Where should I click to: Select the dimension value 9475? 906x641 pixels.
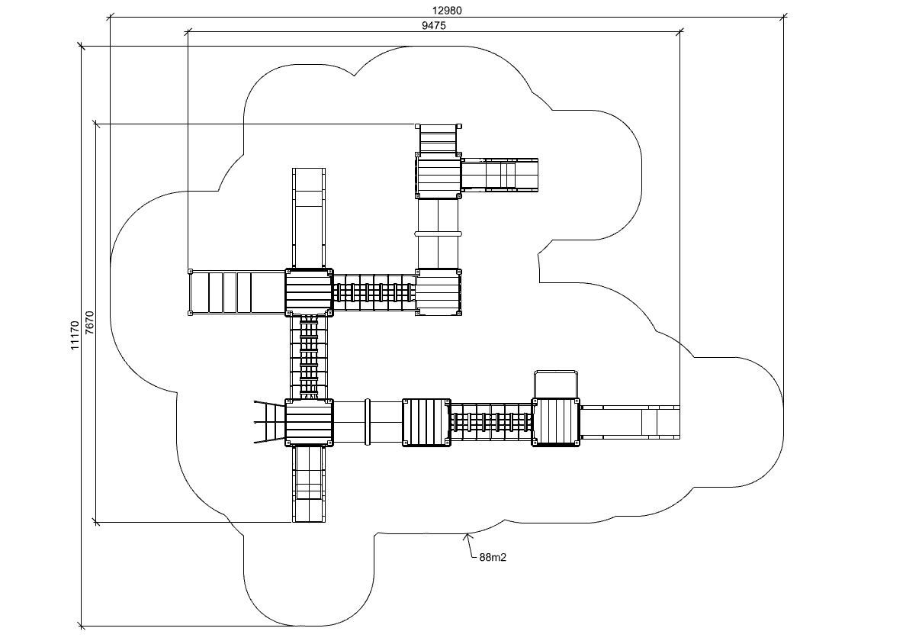coord(433,25)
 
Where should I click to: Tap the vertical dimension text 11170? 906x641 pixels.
coord(74,336)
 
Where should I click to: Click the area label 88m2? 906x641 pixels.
coord(493,557)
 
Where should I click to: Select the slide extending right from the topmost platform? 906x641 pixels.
coord(500,174)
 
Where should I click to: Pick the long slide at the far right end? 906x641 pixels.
coord(630,421)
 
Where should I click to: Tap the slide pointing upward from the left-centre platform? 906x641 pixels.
coord(309,217)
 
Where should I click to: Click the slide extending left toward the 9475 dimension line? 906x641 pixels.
coord(237,292)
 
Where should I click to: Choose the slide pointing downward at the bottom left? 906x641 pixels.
coord(309,483)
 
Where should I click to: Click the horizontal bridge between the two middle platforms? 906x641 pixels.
coord(374,292)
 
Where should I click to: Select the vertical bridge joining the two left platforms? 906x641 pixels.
coord(309,356)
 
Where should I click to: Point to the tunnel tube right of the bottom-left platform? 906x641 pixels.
coord(368,421)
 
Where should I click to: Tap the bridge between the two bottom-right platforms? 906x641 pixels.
coord(491,421)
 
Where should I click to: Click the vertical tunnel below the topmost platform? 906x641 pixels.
coord(439,234)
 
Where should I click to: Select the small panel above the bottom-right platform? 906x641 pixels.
coord(556,384)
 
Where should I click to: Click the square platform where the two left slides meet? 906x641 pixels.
coord(309,292)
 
